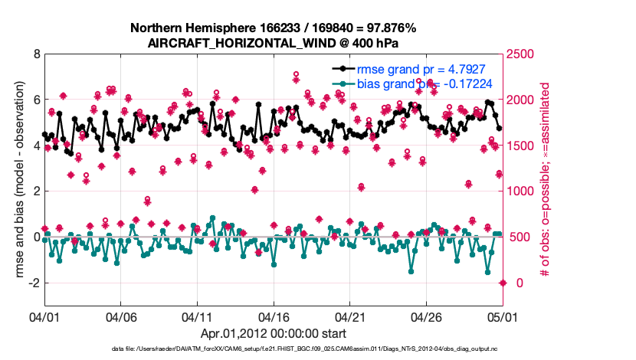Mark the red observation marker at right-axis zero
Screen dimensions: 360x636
[x=503, y=283]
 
